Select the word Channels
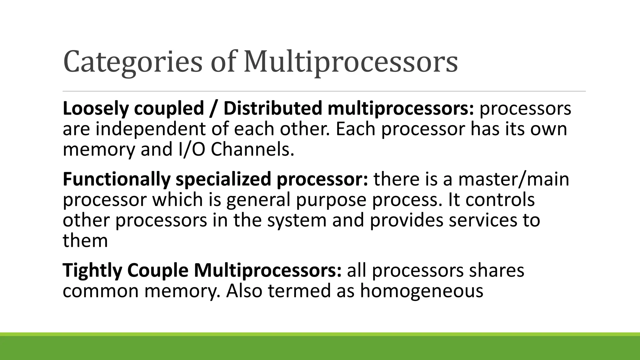[252, 149]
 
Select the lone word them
[85, 241]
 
